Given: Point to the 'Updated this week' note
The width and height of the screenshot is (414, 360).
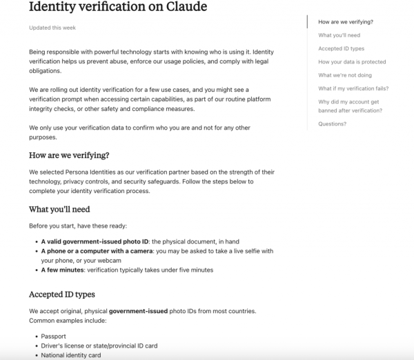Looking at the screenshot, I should pos(52,28).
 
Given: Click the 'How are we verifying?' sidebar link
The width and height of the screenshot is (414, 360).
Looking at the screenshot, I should pos(346,22).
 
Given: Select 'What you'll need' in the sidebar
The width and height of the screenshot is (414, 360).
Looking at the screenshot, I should pos(339,35).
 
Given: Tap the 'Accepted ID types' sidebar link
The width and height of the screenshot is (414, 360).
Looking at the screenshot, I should pos(341,49).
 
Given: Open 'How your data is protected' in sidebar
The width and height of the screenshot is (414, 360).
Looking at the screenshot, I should pos(352,62).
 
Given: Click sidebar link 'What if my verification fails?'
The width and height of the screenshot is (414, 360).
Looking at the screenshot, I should pos(353,88).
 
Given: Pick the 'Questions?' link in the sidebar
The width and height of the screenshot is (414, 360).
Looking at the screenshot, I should pos(333,124).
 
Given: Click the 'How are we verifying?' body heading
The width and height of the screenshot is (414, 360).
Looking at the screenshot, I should pos(70,154).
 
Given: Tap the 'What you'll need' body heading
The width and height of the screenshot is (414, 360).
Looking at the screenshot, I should pos(59,209).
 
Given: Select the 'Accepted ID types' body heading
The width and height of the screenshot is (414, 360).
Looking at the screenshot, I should pos(62,294).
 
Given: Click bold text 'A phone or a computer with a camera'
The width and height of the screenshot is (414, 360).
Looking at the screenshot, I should pos(98,252).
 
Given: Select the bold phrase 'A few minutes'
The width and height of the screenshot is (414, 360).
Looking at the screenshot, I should pos(63,270).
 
